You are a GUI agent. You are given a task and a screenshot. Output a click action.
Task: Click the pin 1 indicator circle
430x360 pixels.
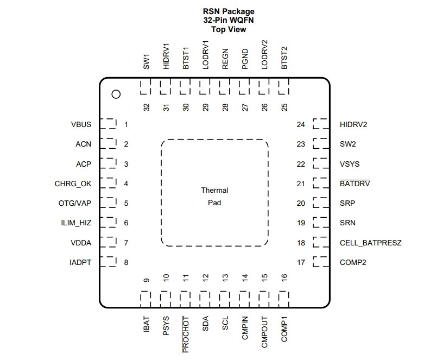pyautogui.click(x=116, y=94)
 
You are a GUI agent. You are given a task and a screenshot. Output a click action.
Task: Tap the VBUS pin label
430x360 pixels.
pyautogui.click(x=81, y=124)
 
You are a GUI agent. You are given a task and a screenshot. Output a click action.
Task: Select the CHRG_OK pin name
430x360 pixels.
pyautogui.click(x=73, y=184)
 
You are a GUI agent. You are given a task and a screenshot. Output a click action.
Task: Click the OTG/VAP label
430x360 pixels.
pyautogui.click(x=74, y=203)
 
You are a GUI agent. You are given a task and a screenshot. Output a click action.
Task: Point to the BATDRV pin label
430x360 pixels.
pyautogui.click(x=355, y=184)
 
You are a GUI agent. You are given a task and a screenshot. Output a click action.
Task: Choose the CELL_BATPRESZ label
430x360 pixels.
pyautogui.click(x=370, y=243)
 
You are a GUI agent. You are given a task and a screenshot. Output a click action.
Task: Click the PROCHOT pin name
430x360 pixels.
pyautogui.click(x=186, y=334)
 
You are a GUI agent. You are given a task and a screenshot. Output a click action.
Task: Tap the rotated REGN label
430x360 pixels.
pyautogui.click(x=225, y=59)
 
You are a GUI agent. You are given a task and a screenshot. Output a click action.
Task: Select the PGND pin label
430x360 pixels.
pyautogui.click(x=245, y=59)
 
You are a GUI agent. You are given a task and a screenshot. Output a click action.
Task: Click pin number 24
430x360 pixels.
pyautogui.click(x=301, y=124)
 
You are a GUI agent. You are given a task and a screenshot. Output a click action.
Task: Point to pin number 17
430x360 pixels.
pyautogui.click(x=301, y=262)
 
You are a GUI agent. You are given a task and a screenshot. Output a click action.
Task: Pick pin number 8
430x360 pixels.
pyautogui.click(x=126, y=262)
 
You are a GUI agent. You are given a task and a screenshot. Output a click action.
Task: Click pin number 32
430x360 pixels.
pyautogui.click(x=147, y=107)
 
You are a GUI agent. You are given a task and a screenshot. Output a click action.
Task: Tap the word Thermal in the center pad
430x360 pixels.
pyautogui.click(x=214, y=190)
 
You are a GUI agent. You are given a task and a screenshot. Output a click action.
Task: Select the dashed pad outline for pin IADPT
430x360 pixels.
pyautogui.click(x=108, y=262)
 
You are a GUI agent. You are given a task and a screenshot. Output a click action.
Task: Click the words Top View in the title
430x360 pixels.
pyautogui.click(x=229, y=29)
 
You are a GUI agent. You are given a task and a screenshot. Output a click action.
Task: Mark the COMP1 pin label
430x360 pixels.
pyautogui.click(x=284, y=329)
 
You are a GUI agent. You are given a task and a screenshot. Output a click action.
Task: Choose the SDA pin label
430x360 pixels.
pyautogui.click(x=205, y=324)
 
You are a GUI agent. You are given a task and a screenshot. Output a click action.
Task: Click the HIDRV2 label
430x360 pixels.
pyautogui.click(x=353, y=124)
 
